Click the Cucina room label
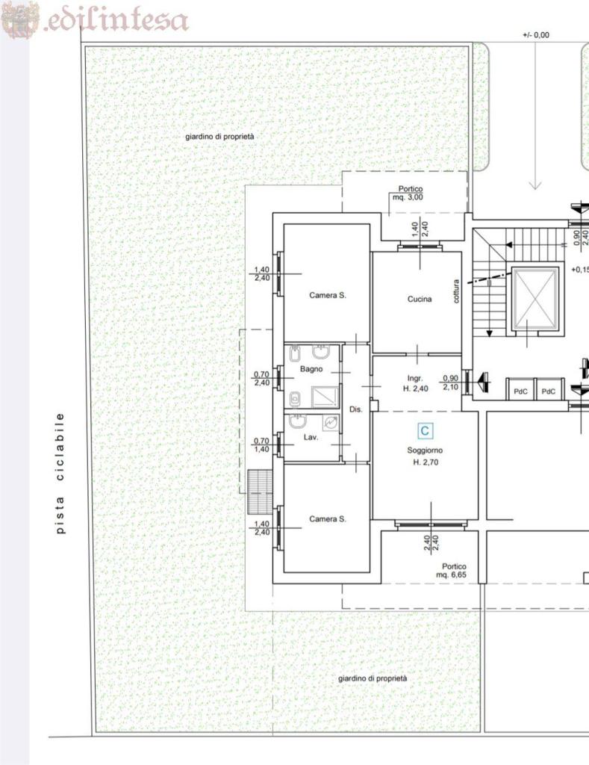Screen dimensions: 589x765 coord(420,299)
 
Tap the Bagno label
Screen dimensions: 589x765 coord(311,369)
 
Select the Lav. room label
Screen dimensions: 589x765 coord(311,437)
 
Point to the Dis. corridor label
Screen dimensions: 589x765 coord(356,409)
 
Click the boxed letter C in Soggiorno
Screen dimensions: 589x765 coord(425,431)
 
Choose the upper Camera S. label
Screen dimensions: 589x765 coord(328,295)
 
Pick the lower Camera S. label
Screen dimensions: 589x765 coord(328,519)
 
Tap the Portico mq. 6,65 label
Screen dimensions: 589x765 coord(452,571)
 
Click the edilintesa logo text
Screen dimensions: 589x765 coord(116,20)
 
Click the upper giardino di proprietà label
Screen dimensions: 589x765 coord(219,137)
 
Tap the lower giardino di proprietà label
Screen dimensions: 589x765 coord(373,678)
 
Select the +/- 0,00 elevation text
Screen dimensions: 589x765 coord(535,35)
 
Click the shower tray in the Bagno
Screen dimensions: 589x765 coord(325,397)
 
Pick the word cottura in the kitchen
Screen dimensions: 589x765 coord(456,291)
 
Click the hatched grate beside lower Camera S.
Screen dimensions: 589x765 coord(260,492)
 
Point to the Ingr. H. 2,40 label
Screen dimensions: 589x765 coord(415,383)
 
